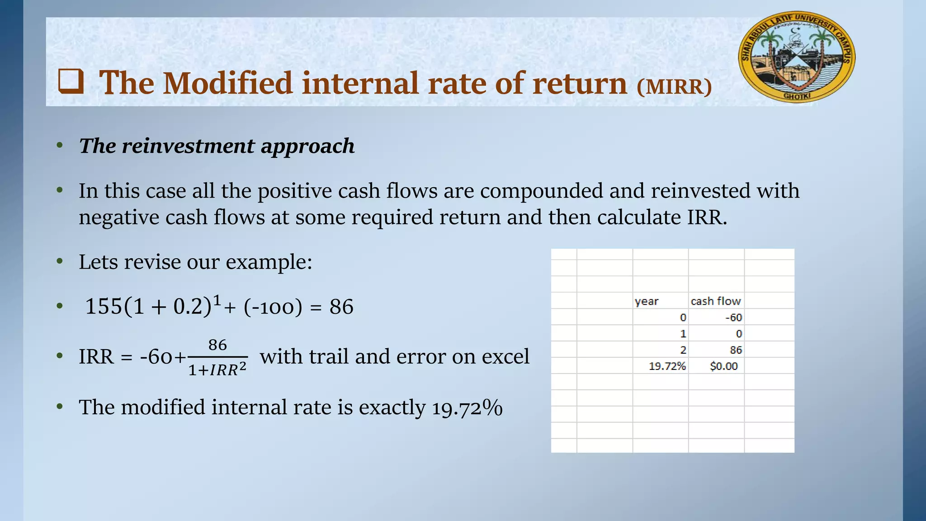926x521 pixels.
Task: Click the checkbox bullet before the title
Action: pos(71,81)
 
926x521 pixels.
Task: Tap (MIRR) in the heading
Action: pos(674,86)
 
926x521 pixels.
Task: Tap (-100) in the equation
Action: pos(273,307)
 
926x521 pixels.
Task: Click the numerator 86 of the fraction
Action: pos(217,345)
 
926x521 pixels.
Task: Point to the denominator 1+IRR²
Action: pos(217,370)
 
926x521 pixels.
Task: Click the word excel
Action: pos(505,356)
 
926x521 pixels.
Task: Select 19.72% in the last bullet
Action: pos(467,407)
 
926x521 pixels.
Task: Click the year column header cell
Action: pos(647,301)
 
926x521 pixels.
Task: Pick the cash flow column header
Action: pos(716,301)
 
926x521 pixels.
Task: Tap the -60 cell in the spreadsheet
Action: pos(733,317)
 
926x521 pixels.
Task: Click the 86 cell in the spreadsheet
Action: pos(736,350)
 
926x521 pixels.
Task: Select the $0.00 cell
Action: pos(723,366)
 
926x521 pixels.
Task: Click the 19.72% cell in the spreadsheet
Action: pos(667,366)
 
